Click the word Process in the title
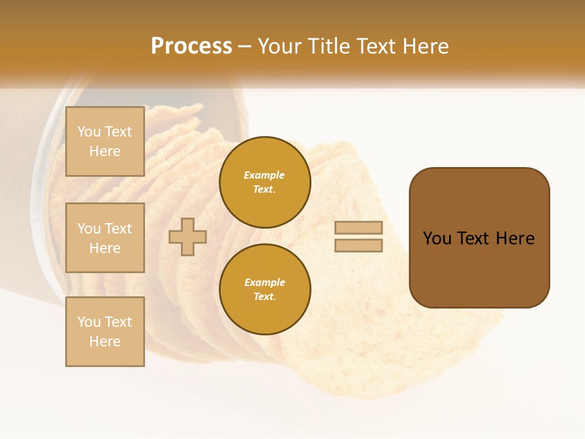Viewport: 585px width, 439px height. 191,46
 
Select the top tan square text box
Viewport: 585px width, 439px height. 105,141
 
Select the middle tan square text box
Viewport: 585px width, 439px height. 105,238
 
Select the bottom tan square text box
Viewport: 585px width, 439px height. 105,332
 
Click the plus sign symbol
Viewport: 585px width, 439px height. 188,237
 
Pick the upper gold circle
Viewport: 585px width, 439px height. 265,182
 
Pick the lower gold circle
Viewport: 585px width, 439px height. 265,290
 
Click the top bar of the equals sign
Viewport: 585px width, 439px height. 358,227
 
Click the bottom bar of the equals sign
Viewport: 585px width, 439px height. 358,246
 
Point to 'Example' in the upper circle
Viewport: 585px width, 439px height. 264,175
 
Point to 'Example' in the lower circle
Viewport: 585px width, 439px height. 264,282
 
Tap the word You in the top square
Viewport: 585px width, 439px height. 89,132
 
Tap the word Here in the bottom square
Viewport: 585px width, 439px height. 105,341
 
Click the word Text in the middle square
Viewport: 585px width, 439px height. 118,229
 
